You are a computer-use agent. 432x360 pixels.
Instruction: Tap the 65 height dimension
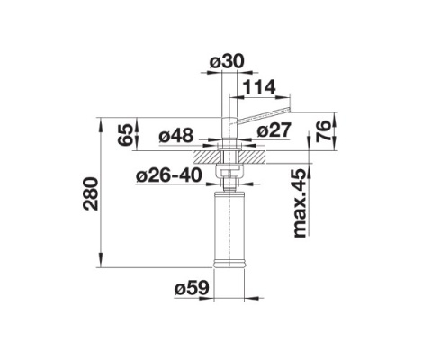[x=129, y=134]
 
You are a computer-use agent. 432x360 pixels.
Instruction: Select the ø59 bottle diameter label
[x=192, y=289]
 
